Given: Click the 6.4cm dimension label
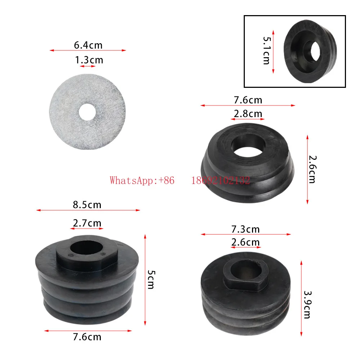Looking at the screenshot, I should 88,45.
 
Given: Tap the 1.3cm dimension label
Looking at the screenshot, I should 89,60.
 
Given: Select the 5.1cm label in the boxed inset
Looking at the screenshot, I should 266,50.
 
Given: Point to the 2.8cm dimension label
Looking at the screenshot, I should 248,114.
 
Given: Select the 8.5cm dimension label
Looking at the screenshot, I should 87,205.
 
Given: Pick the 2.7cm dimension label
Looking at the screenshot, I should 87,223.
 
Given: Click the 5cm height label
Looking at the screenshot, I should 150,280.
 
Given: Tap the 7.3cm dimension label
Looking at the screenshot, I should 246,229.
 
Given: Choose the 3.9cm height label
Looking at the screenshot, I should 307,305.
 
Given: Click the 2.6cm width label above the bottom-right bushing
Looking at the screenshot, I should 246,242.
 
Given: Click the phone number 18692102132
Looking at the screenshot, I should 220,180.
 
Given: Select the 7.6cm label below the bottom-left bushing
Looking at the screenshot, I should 87,337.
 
